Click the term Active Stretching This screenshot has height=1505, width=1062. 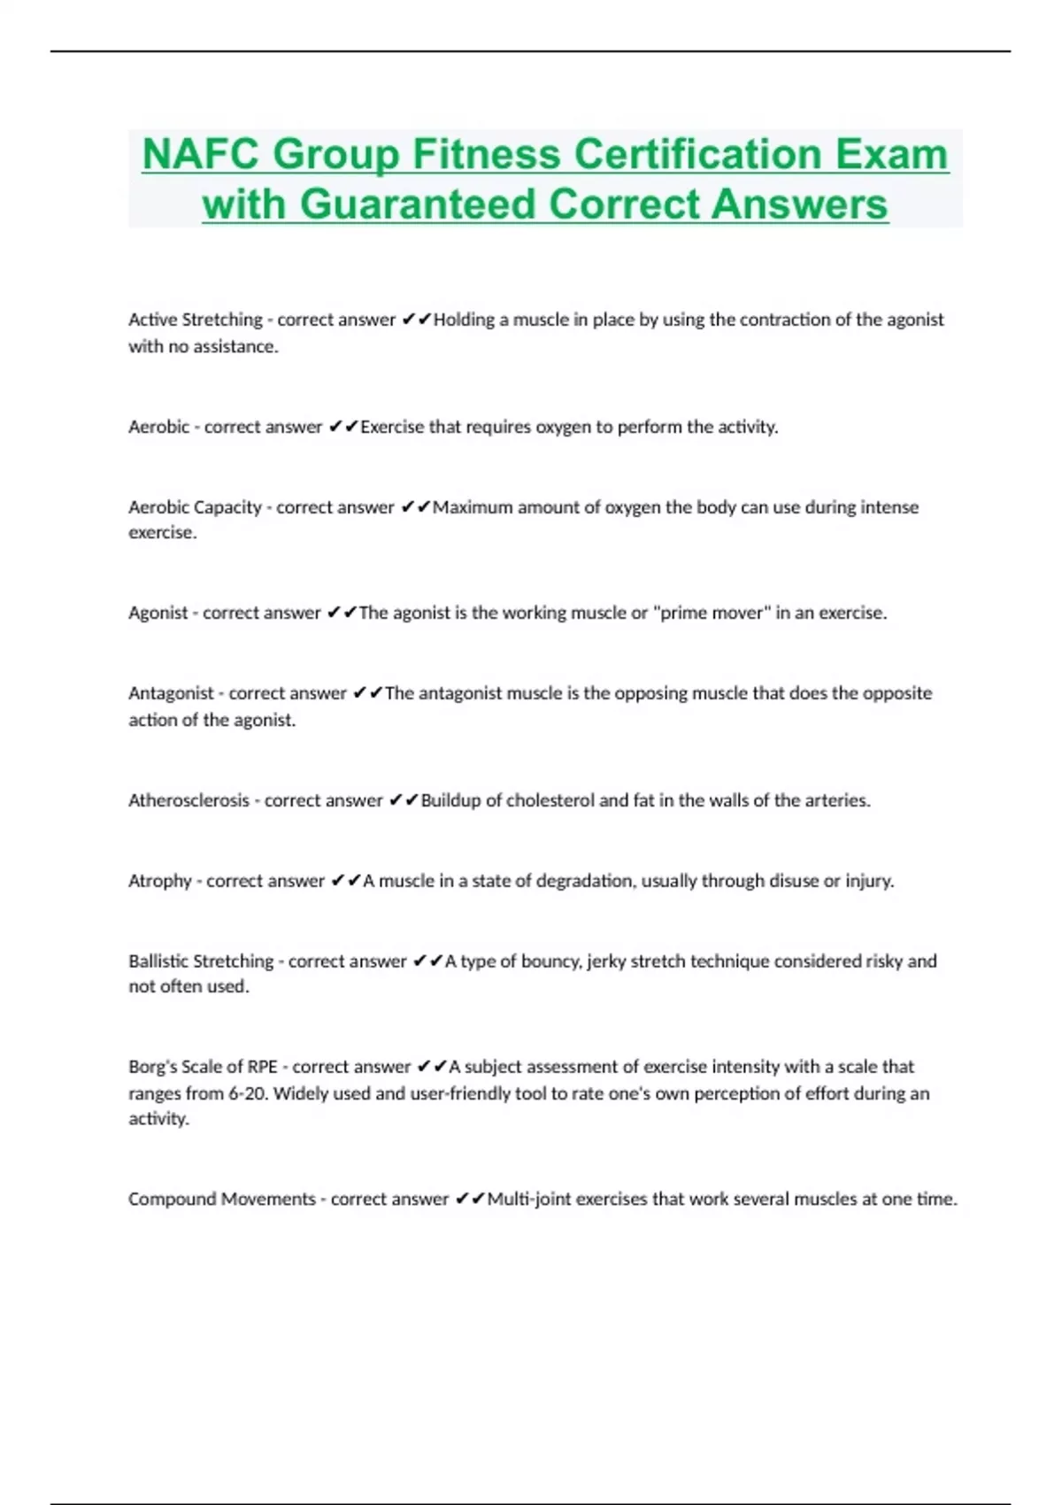pyautogui.click(x=196, y=320)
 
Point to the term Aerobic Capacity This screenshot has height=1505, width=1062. pyautogui.click(x=195, y=507)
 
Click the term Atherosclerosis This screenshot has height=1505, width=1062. pyautogui.click(x=189, y=800)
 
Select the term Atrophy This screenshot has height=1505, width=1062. pyautogui.click(x=160, y=881)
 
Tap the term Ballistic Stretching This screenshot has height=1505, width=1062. pyautogui.click(x=201, y=961)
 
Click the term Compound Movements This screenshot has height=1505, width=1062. pyautogui.click(x=221, y=1199)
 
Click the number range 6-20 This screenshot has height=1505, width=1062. pyautogui.click(x=248, y=1093)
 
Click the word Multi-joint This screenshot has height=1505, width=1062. pyautogui.click(x=528, y=1199)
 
